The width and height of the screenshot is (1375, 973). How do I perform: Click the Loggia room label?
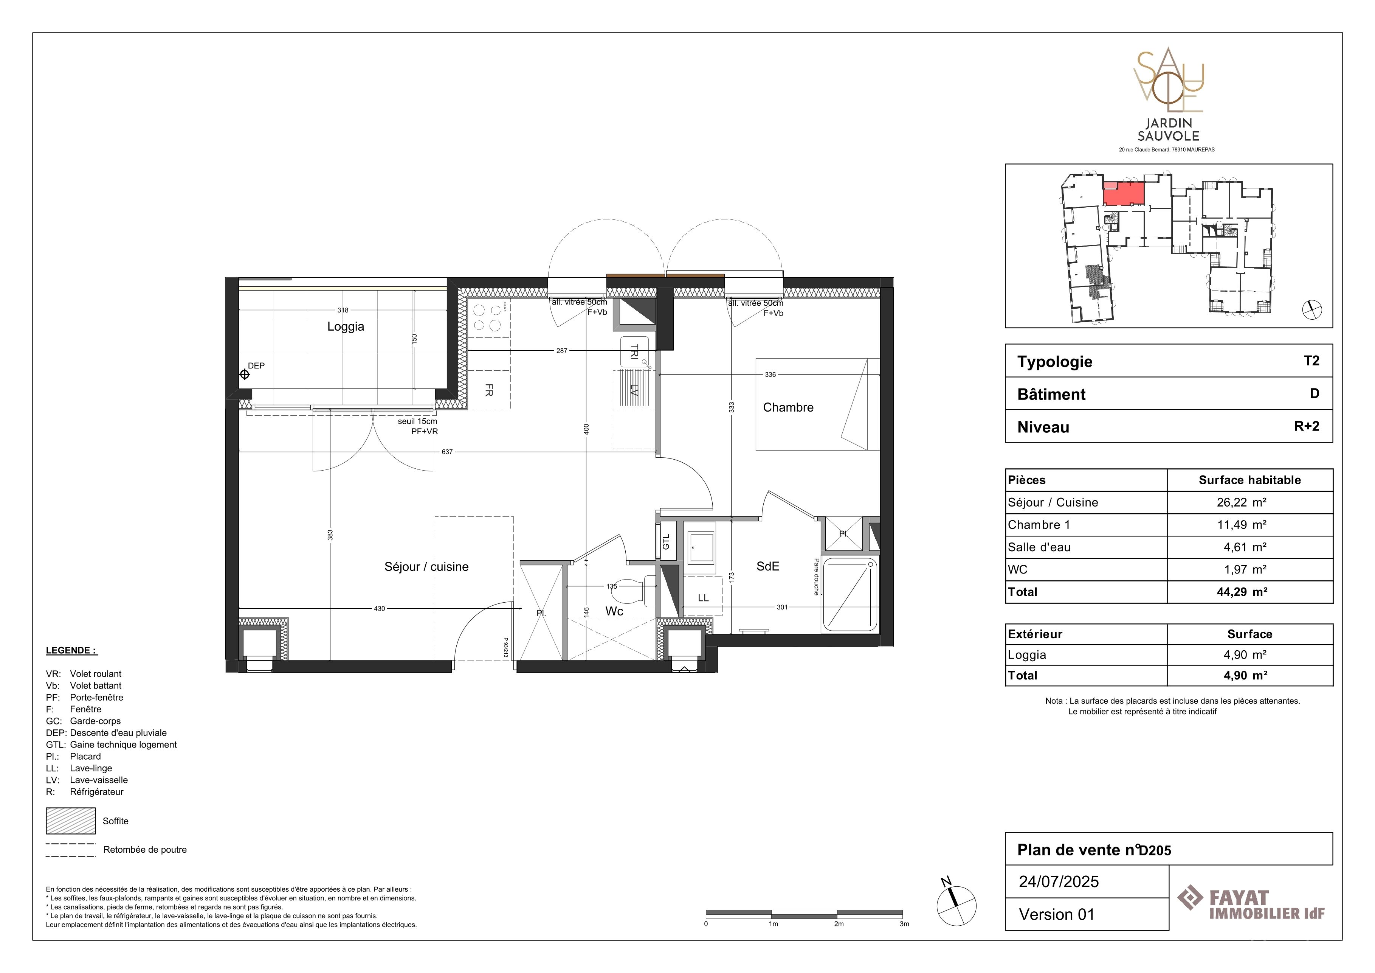346,326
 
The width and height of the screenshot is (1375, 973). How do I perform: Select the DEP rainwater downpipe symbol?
244,375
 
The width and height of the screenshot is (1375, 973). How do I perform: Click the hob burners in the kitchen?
488,317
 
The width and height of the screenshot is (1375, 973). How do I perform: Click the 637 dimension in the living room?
447,452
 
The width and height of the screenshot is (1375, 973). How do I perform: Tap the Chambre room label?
788,407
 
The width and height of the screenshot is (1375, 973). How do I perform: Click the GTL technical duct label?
666,542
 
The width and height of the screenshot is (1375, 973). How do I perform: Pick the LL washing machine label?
703,598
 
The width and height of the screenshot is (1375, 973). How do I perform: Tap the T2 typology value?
1311,361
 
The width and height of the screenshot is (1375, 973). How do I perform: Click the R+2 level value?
1307,426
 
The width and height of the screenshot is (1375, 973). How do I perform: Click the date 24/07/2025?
1059,881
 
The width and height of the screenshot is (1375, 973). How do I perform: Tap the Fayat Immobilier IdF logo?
1251,904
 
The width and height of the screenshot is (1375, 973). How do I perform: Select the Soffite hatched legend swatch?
71,821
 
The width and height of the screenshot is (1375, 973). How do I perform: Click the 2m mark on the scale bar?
839,924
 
